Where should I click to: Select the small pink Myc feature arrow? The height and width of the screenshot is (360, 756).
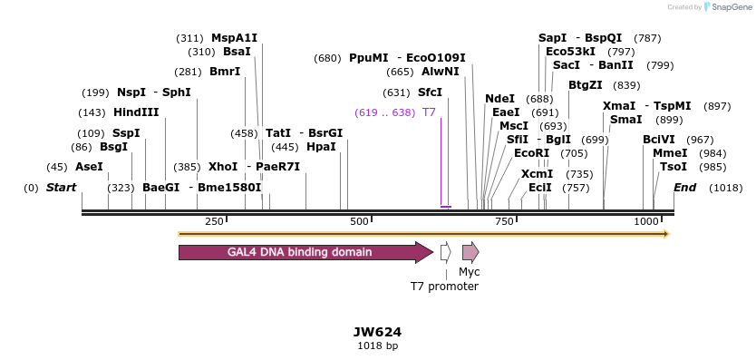tap(470, 252)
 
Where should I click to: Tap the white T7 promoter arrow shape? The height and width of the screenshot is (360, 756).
tap(445, 252)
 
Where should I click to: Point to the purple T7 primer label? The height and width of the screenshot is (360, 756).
tap(429, 112)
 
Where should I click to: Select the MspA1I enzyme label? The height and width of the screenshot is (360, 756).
tap(234, 38)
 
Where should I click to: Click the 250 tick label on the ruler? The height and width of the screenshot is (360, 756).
tap(214, 222)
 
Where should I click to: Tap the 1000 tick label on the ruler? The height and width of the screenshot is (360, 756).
tap(645, 222)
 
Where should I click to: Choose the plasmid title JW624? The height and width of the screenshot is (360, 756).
tap(377, 333)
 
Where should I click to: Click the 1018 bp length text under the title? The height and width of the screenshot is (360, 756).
tap(377, 346)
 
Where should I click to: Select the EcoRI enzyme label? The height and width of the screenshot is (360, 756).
tap(531, 153)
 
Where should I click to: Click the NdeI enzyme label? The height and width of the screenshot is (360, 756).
tap(499, 99)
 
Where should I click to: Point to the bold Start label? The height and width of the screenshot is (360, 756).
tap(62, 188)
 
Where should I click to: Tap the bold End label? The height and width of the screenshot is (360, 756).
tap(685, 188)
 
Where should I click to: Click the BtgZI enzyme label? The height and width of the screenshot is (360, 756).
tap(585, 85)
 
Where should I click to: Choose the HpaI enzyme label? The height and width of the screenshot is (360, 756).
tap(321, 147)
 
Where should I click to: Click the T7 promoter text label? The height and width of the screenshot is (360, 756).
tap(444, 287)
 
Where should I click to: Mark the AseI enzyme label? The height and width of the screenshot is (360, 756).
tap(89, 167)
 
